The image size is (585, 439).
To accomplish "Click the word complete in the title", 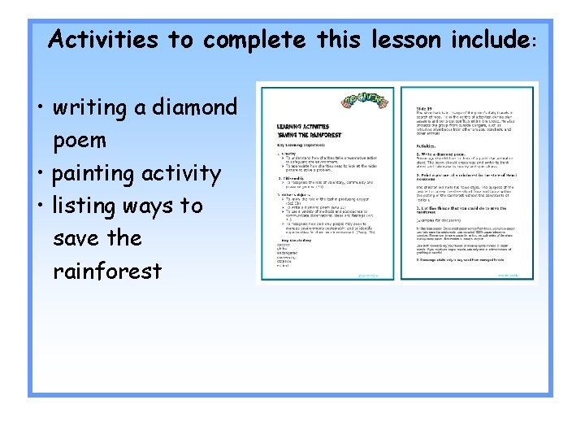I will (x=254, y=40).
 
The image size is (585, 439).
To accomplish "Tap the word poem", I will (x=80, y=140).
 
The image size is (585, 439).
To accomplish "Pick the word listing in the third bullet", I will (x=87, y=206).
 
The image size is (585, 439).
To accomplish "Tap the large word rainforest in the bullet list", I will (x=107, y=271).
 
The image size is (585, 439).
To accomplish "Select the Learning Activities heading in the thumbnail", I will (x=303, y=127).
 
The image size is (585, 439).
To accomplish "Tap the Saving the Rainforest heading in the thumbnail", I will (x=310, y=134).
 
